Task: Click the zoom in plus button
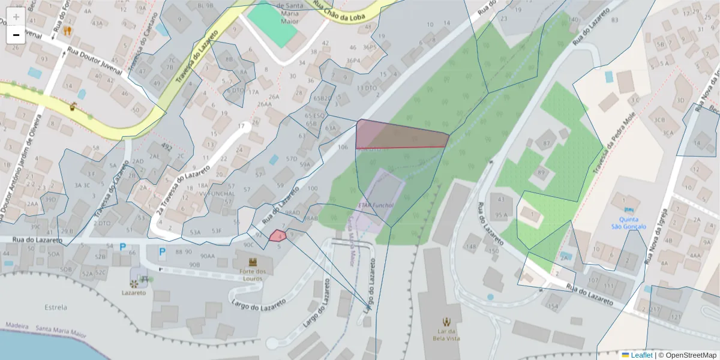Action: point(16,17)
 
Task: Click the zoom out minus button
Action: point(16,35)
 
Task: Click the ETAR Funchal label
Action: point(375,205)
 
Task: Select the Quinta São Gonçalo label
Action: point(628,223)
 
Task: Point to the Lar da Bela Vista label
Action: point(446,334)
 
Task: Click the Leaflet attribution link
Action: point(641,355)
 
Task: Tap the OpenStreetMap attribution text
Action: point(688,355)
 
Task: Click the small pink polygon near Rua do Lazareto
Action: point(277,235)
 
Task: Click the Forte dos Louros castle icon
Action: point(253,262)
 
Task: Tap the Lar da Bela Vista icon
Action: point(446,322)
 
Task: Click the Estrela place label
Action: point(56,308)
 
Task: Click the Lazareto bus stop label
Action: point(133,293)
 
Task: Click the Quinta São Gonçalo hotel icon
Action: point(628,209)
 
